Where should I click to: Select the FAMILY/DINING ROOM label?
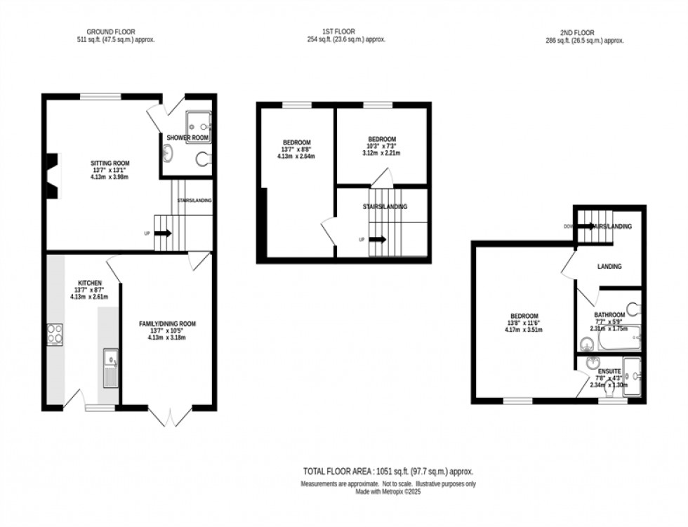(167, 323)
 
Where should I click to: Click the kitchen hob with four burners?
(55, 334)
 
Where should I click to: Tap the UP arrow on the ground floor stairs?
(162, 233)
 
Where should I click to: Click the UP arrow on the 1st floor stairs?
(377, 239)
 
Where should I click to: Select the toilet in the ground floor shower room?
(203, 159)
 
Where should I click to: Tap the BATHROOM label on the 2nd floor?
(609, 315)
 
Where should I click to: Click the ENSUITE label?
(607, 371)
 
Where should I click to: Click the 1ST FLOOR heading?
(338, 32)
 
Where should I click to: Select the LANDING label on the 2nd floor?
(609, 267)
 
